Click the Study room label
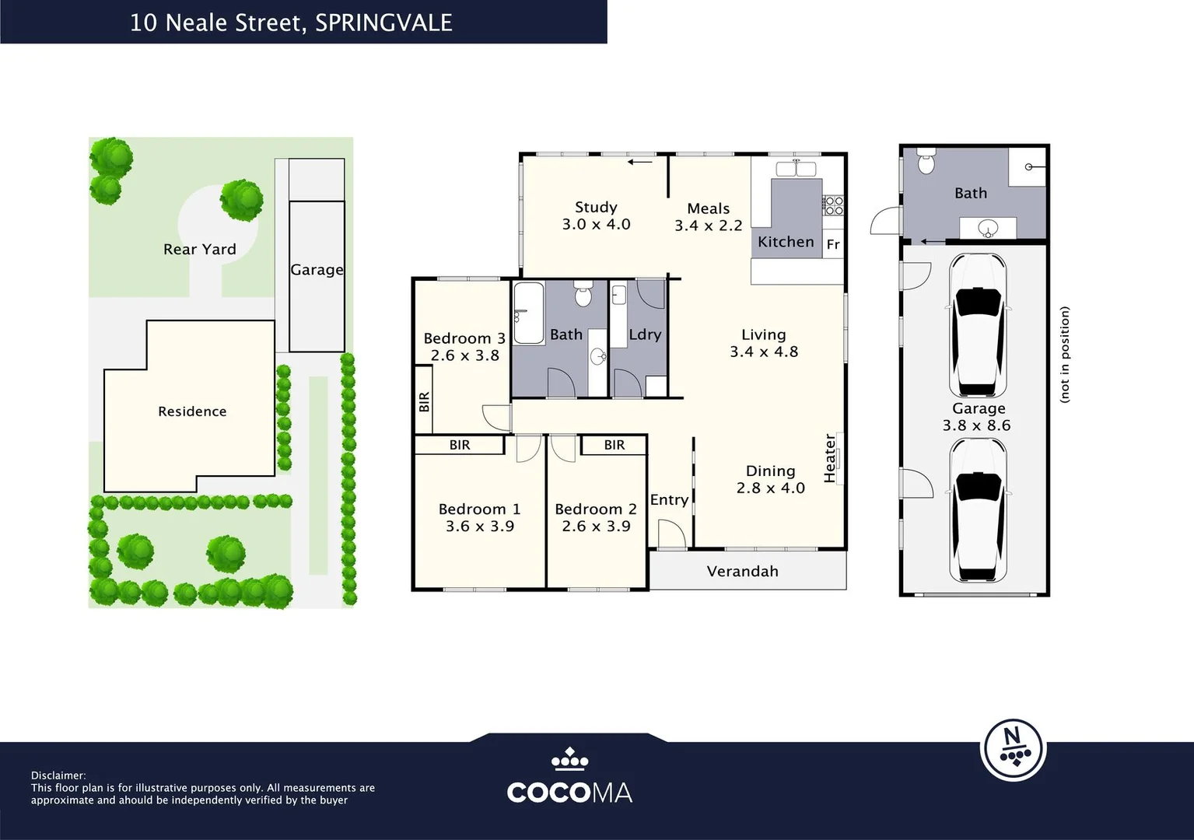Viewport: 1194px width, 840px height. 596,207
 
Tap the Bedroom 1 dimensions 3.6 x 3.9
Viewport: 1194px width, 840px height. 480,526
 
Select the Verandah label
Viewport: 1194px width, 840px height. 743,572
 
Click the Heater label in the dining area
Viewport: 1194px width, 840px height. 830,458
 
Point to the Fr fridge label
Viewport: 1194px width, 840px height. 833,244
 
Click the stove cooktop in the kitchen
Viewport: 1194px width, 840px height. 833,206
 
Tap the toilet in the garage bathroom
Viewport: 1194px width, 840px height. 926,162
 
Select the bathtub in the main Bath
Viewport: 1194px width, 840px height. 528,313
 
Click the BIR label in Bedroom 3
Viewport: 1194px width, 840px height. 424,402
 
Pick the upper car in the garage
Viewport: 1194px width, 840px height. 978,325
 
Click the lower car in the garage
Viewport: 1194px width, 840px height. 978,510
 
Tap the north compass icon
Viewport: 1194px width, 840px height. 1014,750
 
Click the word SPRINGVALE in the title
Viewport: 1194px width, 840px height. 383,23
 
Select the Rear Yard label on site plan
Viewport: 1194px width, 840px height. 199,250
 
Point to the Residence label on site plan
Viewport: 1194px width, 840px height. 192,411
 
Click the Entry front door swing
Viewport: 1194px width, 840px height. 671,534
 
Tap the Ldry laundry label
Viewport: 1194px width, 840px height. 645,334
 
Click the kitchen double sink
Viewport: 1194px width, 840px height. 796,169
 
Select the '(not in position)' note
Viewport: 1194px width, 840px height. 1064,355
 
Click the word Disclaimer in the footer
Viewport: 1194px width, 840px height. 58,775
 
